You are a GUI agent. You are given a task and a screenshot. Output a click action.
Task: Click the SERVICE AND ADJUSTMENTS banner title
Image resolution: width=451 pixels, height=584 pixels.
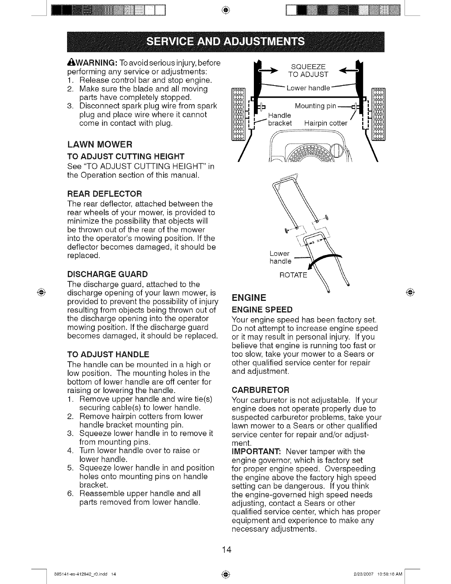(x=225, y=41)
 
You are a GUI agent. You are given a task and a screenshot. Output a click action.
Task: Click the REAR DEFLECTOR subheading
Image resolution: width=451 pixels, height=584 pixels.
(x=105, y=194)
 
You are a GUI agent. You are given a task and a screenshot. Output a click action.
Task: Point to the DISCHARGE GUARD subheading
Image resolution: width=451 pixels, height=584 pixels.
(x=108, y=274)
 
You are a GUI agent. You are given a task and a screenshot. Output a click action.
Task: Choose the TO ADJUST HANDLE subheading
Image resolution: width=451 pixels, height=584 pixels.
(x=108, y=355)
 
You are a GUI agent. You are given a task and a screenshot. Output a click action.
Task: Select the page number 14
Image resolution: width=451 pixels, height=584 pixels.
(x=226, y=550)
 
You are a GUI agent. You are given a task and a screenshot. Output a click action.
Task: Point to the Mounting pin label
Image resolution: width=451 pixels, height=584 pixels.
(x=315, y=107)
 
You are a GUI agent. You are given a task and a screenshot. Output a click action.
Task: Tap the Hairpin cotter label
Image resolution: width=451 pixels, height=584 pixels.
(x=326, y=123)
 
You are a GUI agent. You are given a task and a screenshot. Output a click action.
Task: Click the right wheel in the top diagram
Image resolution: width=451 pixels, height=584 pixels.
(x=378, y=114)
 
